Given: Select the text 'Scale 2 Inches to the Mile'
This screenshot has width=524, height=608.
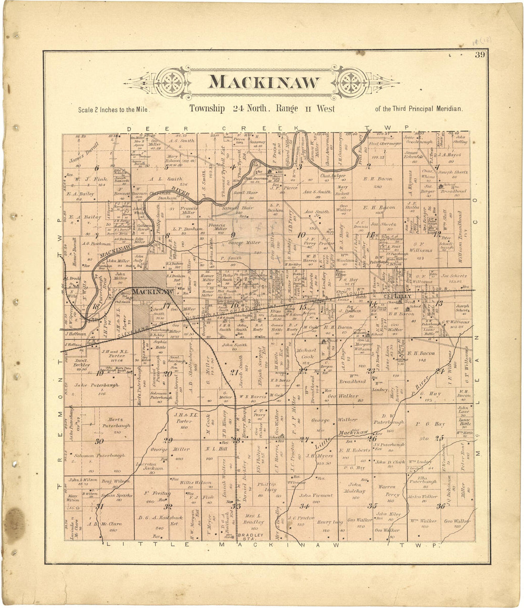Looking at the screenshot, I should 114,110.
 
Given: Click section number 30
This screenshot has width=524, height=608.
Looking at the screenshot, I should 99,441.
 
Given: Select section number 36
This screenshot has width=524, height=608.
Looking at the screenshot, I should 440,506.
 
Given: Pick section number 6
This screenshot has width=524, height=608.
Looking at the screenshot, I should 97,168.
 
